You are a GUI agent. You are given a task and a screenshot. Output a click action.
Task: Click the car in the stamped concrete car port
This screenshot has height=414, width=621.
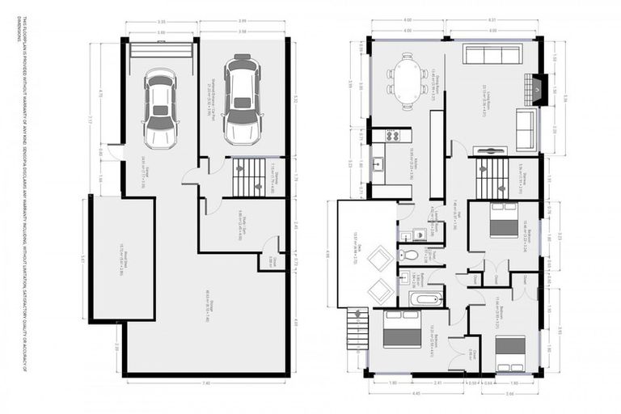click(242, 99)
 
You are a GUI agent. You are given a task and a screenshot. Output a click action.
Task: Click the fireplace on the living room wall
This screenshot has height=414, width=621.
click(539, 87)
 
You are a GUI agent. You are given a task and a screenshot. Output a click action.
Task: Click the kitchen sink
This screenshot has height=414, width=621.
click(378, 165)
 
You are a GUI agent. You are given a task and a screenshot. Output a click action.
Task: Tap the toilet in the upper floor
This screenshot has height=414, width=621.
click(410, 255)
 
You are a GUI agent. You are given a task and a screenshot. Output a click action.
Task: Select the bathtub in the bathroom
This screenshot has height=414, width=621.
click(424, 299)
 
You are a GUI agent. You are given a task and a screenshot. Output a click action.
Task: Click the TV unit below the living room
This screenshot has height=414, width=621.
click(489, 150)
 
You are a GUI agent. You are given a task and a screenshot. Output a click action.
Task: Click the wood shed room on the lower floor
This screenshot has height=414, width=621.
click(122, 259)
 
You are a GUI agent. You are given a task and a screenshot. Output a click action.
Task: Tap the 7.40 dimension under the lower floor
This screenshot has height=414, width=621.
click(206, 382)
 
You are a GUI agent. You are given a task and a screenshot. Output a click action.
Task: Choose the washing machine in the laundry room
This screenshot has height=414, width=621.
click(419, 234)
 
